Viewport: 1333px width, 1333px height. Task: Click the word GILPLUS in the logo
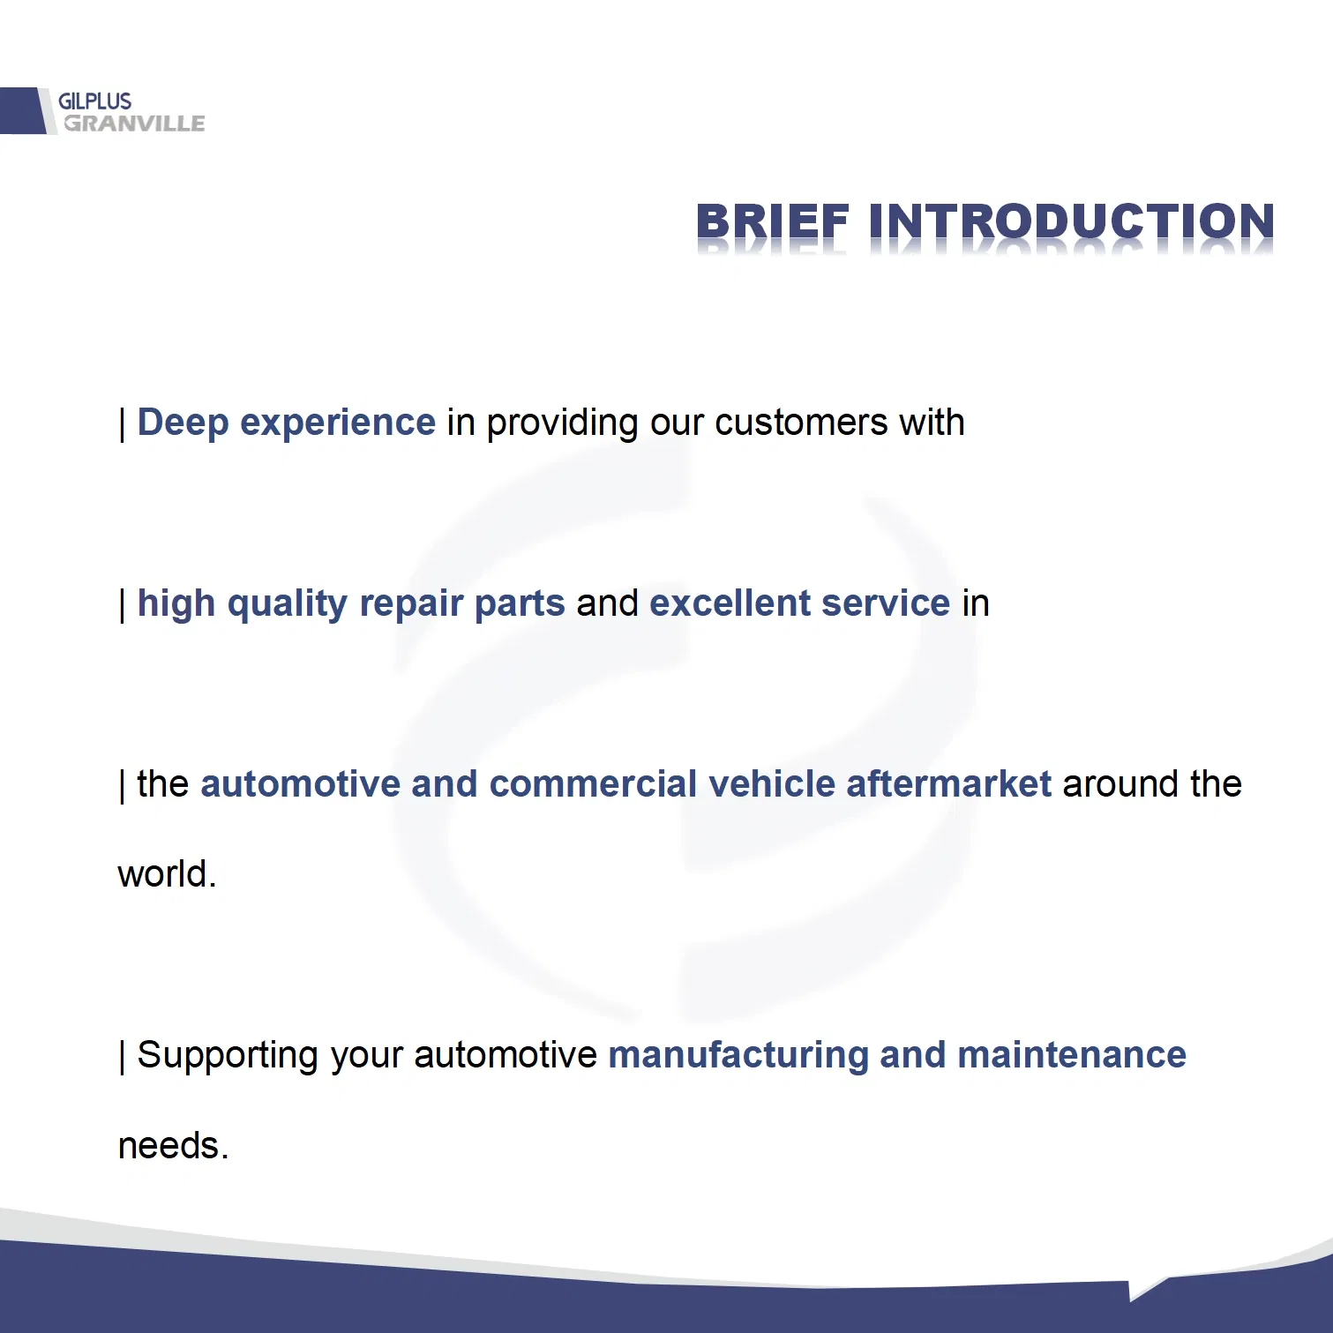94,101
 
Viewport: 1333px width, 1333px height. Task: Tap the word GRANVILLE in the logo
134,124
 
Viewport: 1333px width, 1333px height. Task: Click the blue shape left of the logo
22,110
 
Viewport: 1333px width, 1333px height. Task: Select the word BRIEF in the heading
773,221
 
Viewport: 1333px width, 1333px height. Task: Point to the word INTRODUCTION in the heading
1072,221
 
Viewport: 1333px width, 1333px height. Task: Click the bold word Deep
183,423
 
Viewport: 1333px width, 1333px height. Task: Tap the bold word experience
338,423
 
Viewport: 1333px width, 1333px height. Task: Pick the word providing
563,423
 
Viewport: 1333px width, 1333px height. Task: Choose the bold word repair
411,604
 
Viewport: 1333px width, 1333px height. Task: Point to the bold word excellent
730,603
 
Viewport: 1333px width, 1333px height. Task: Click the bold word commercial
593,784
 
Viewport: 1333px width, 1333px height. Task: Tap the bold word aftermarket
949,784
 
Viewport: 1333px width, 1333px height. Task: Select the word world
167,874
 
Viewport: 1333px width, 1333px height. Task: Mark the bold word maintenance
1072,1055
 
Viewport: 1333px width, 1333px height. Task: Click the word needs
173,1146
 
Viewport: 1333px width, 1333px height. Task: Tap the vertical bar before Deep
123,425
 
